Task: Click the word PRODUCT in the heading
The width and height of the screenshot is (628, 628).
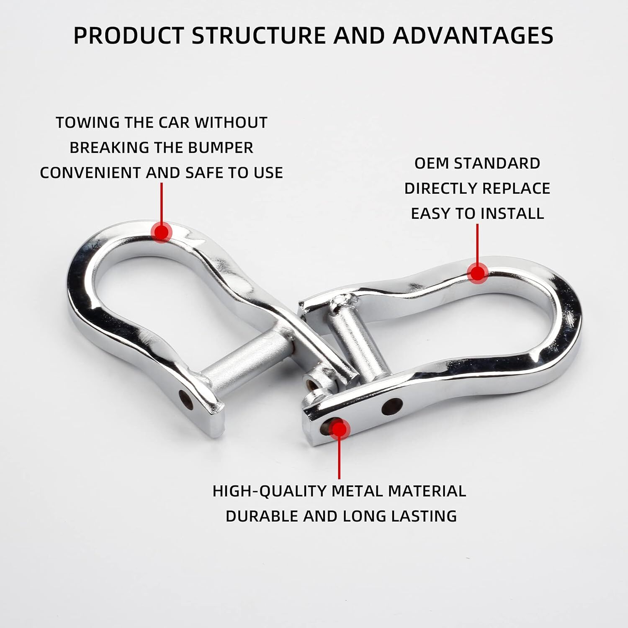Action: point(129,35)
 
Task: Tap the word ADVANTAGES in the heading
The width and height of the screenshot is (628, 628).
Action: point(473,35)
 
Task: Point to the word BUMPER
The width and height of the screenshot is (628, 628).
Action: point(221,148)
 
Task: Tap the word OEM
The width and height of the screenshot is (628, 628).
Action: point(432,163)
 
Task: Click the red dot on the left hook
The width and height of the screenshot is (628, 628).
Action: point(161,231)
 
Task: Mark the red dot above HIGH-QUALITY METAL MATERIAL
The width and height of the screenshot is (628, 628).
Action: point(339,428)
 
